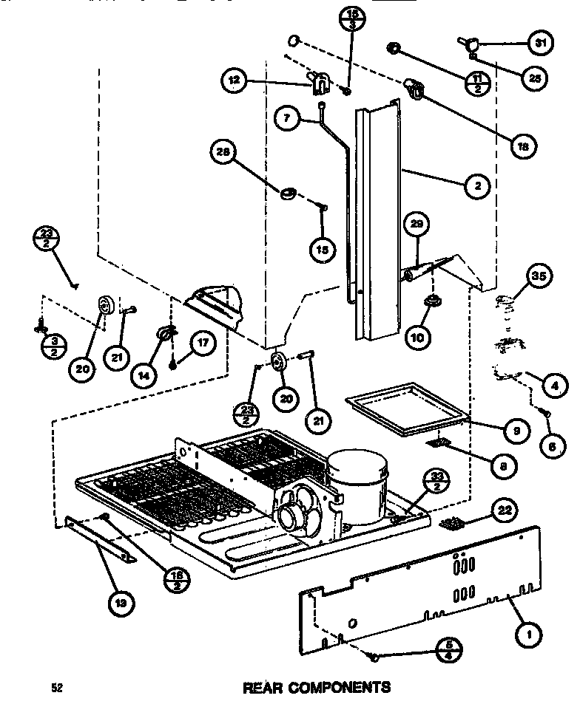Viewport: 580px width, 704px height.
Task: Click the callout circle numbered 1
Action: pyautogui.click(x=530, y=632)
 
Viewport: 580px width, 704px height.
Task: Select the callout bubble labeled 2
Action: pyautogui.click(x=478, y=186)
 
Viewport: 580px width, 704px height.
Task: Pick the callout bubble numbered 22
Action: pyautogui.click(x=506, y=509)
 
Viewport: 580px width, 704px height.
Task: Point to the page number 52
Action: pyautogui.click(x=56, y=688)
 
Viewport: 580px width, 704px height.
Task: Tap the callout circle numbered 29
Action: pyautogui.click(x=417, y=224)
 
